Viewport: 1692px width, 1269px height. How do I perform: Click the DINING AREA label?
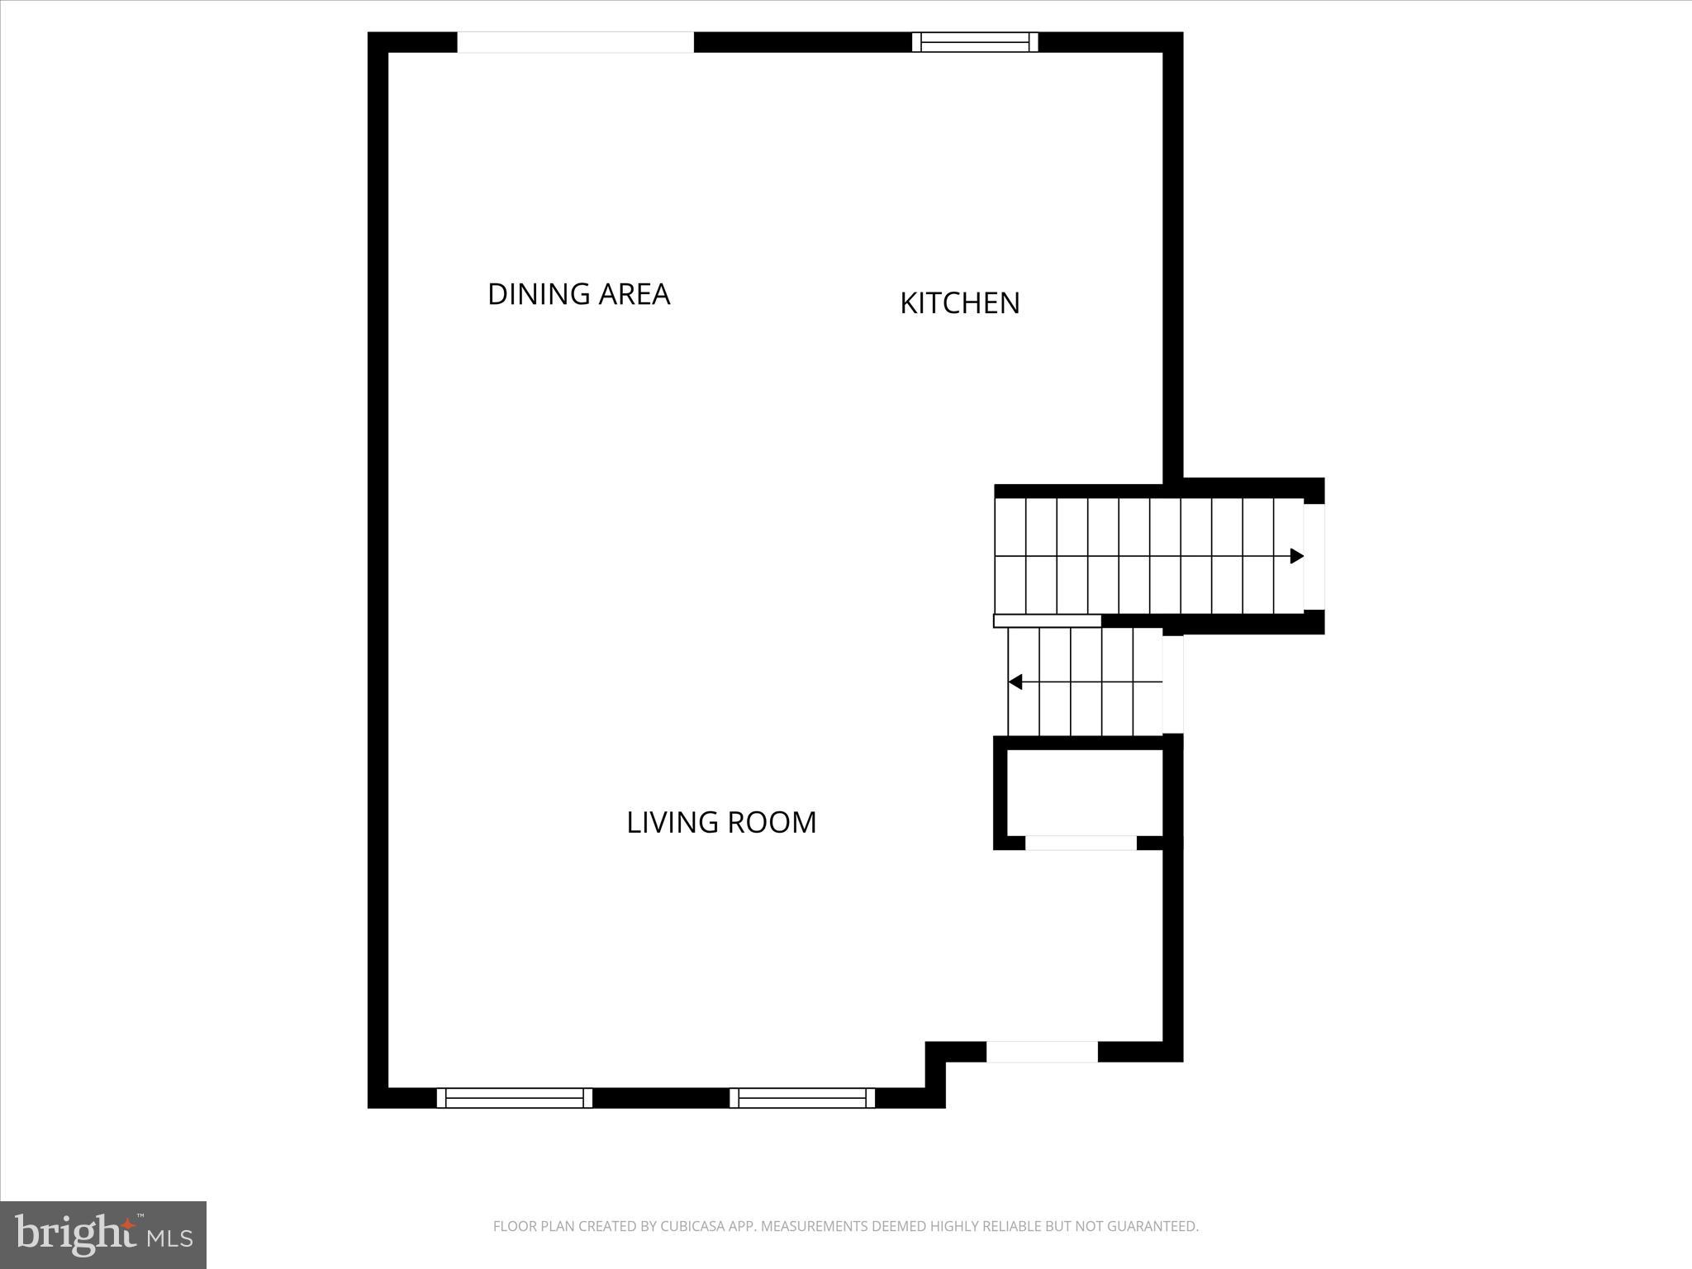tap(578, 294)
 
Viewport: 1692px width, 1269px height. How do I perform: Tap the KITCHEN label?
tap(959, 303)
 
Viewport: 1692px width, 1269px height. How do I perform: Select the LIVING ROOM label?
tap(721, 822)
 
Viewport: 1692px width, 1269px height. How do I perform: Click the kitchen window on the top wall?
tap(975, 42)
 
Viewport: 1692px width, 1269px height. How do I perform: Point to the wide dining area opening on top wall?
tap(576, 42)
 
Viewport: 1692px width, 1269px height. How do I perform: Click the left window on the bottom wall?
tap(515, 1097)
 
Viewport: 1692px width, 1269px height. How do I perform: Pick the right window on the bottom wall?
tap(802, 1097)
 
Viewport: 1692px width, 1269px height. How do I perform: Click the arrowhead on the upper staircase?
tap(1296, 556)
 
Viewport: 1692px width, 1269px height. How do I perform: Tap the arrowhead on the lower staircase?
tap(1016, 682)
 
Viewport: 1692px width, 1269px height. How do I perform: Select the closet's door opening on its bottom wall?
tap(1081, 843)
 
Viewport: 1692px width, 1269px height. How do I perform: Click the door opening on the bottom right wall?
tap(1042, 1052)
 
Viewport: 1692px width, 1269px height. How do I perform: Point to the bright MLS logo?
tap(103, 1235)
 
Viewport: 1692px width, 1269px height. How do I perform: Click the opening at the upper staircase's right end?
tap(1314, 556)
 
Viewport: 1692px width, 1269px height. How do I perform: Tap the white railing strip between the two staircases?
tap(1047, 620)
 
